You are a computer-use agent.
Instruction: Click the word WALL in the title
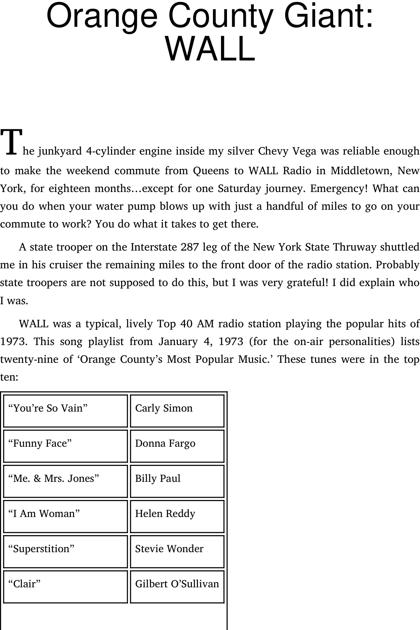tap(210, 50)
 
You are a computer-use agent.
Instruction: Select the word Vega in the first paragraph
tap(304, 151)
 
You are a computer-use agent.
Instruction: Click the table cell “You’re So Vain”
tap(65, 411)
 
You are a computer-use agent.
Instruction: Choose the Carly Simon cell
tap(177, 411)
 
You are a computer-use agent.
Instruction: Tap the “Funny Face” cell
tap(65, 446)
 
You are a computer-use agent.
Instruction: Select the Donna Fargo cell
tap(177, 446)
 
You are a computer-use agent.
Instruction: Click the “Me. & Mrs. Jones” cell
tap(65, 481)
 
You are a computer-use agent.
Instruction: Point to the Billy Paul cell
tap(177, 481)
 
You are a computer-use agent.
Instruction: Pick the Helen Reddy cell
tap(177, 516)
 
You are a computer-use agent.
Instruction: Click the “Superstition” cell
tap(65, 551)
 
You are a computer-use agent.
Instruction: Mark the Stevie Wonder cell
tap(177, 551)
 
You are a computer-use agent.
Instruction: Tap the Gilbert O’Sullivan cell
tap(177, 587)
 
